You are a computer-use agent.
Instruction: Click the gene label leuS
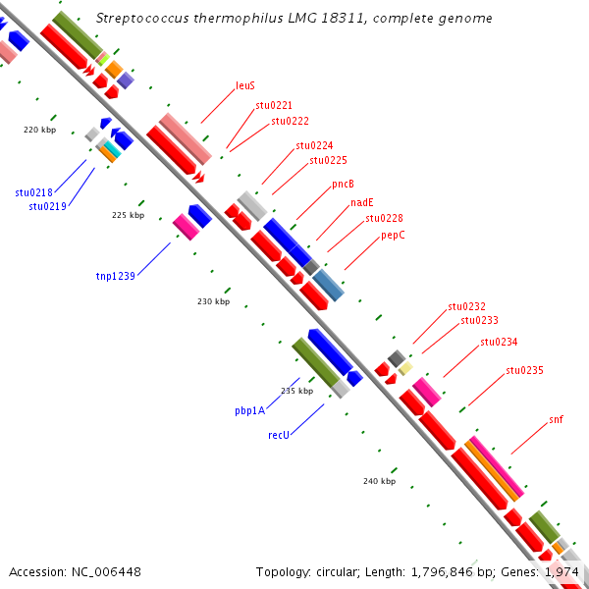coord(245,85)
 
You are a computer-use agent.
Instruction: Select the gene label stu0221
coord(274,105)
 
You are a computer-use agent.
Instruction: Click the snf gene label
coord(557,419)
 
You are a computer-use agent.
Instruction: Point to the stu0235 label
coord(524,370)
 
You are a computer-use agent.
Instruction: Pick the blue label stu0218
coord(34,192)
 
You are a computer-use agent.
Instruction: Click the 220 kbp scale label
coord(40,130)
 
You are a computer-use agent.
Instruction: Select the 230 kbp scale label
coord(213,301)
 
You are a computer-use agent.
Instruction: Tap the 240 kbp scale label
coord(379,481)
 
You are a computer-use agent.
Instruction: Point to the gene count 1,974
coord(562,571)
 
